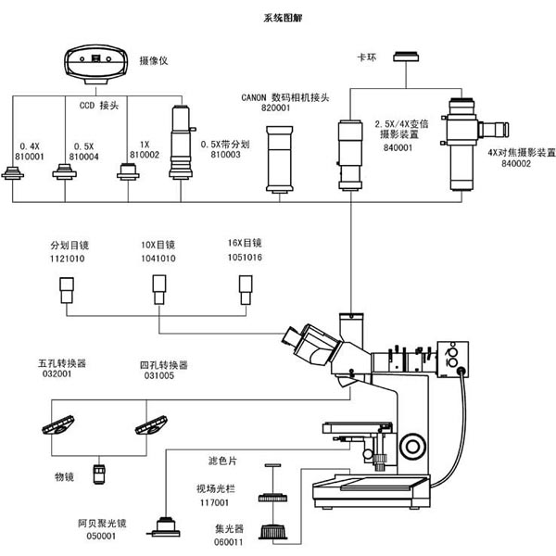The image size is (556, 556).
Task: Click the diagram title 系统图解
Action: [x=283, y=18]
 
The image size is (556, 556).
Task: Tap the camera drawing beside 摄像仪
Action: [x=95, y=64]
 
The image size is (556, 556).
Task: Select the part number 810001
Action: [x=30, y=157]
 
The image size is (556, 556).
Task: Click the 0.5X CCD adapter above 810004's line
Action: [x=65, y=171]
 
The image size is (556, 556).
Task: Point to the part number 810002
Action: [x=145, y=155]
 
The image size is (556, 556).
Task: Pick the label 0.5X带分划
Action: [x=225, y=145]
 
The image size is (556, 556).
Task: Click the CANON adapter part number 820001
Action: [x=275, y=107]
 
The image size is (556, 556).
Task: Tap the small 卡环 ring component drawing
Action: [x=406, y=57]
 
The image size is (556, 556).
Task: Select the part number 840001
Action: [x=398, y=147]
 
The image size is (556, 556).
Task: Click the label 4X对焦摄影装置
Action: [x=521, y=153]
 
